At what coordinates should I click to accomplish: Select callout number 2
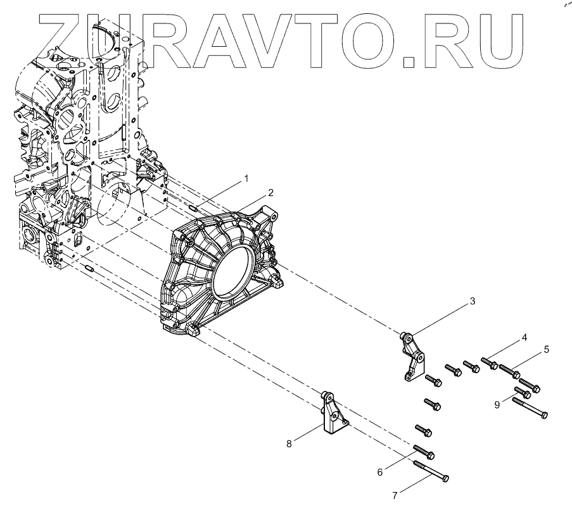pyautogui.click(x=270, y=192)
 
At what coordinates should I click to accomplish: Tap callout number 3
pyautogui.click(x=472, y=302)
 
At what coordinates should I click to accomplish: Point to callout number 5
pyautogui.click(x=546, y=349)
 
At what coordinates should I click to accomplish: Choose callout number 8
pyautogui.click(x=289, y=443)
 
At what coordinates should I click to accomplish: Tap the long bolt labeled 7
pyautogui.click(x=431, y=471)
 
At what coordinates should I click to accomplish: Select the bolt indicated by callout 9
pyautogui.click(x=526, y=392)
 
